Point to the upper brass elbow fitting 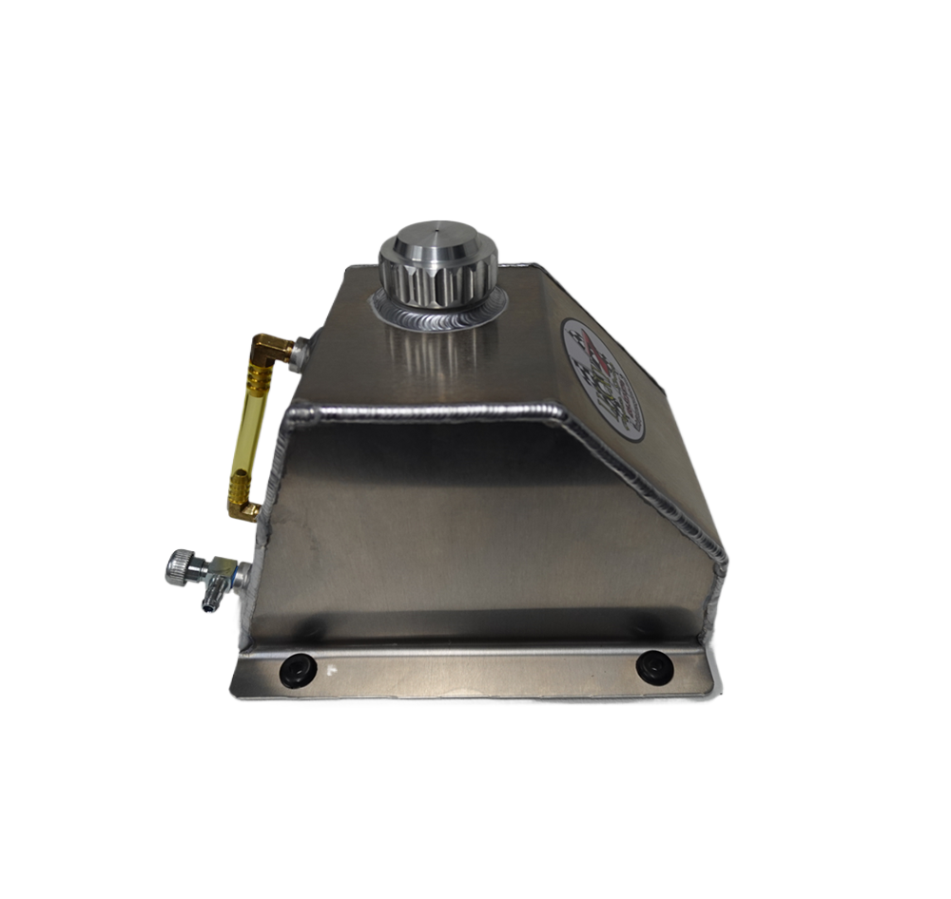click(x=270, y=350)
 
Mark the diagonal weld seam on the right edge click(x=647, y=485)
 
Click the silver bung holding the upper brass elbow click(x=300, y=352)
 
